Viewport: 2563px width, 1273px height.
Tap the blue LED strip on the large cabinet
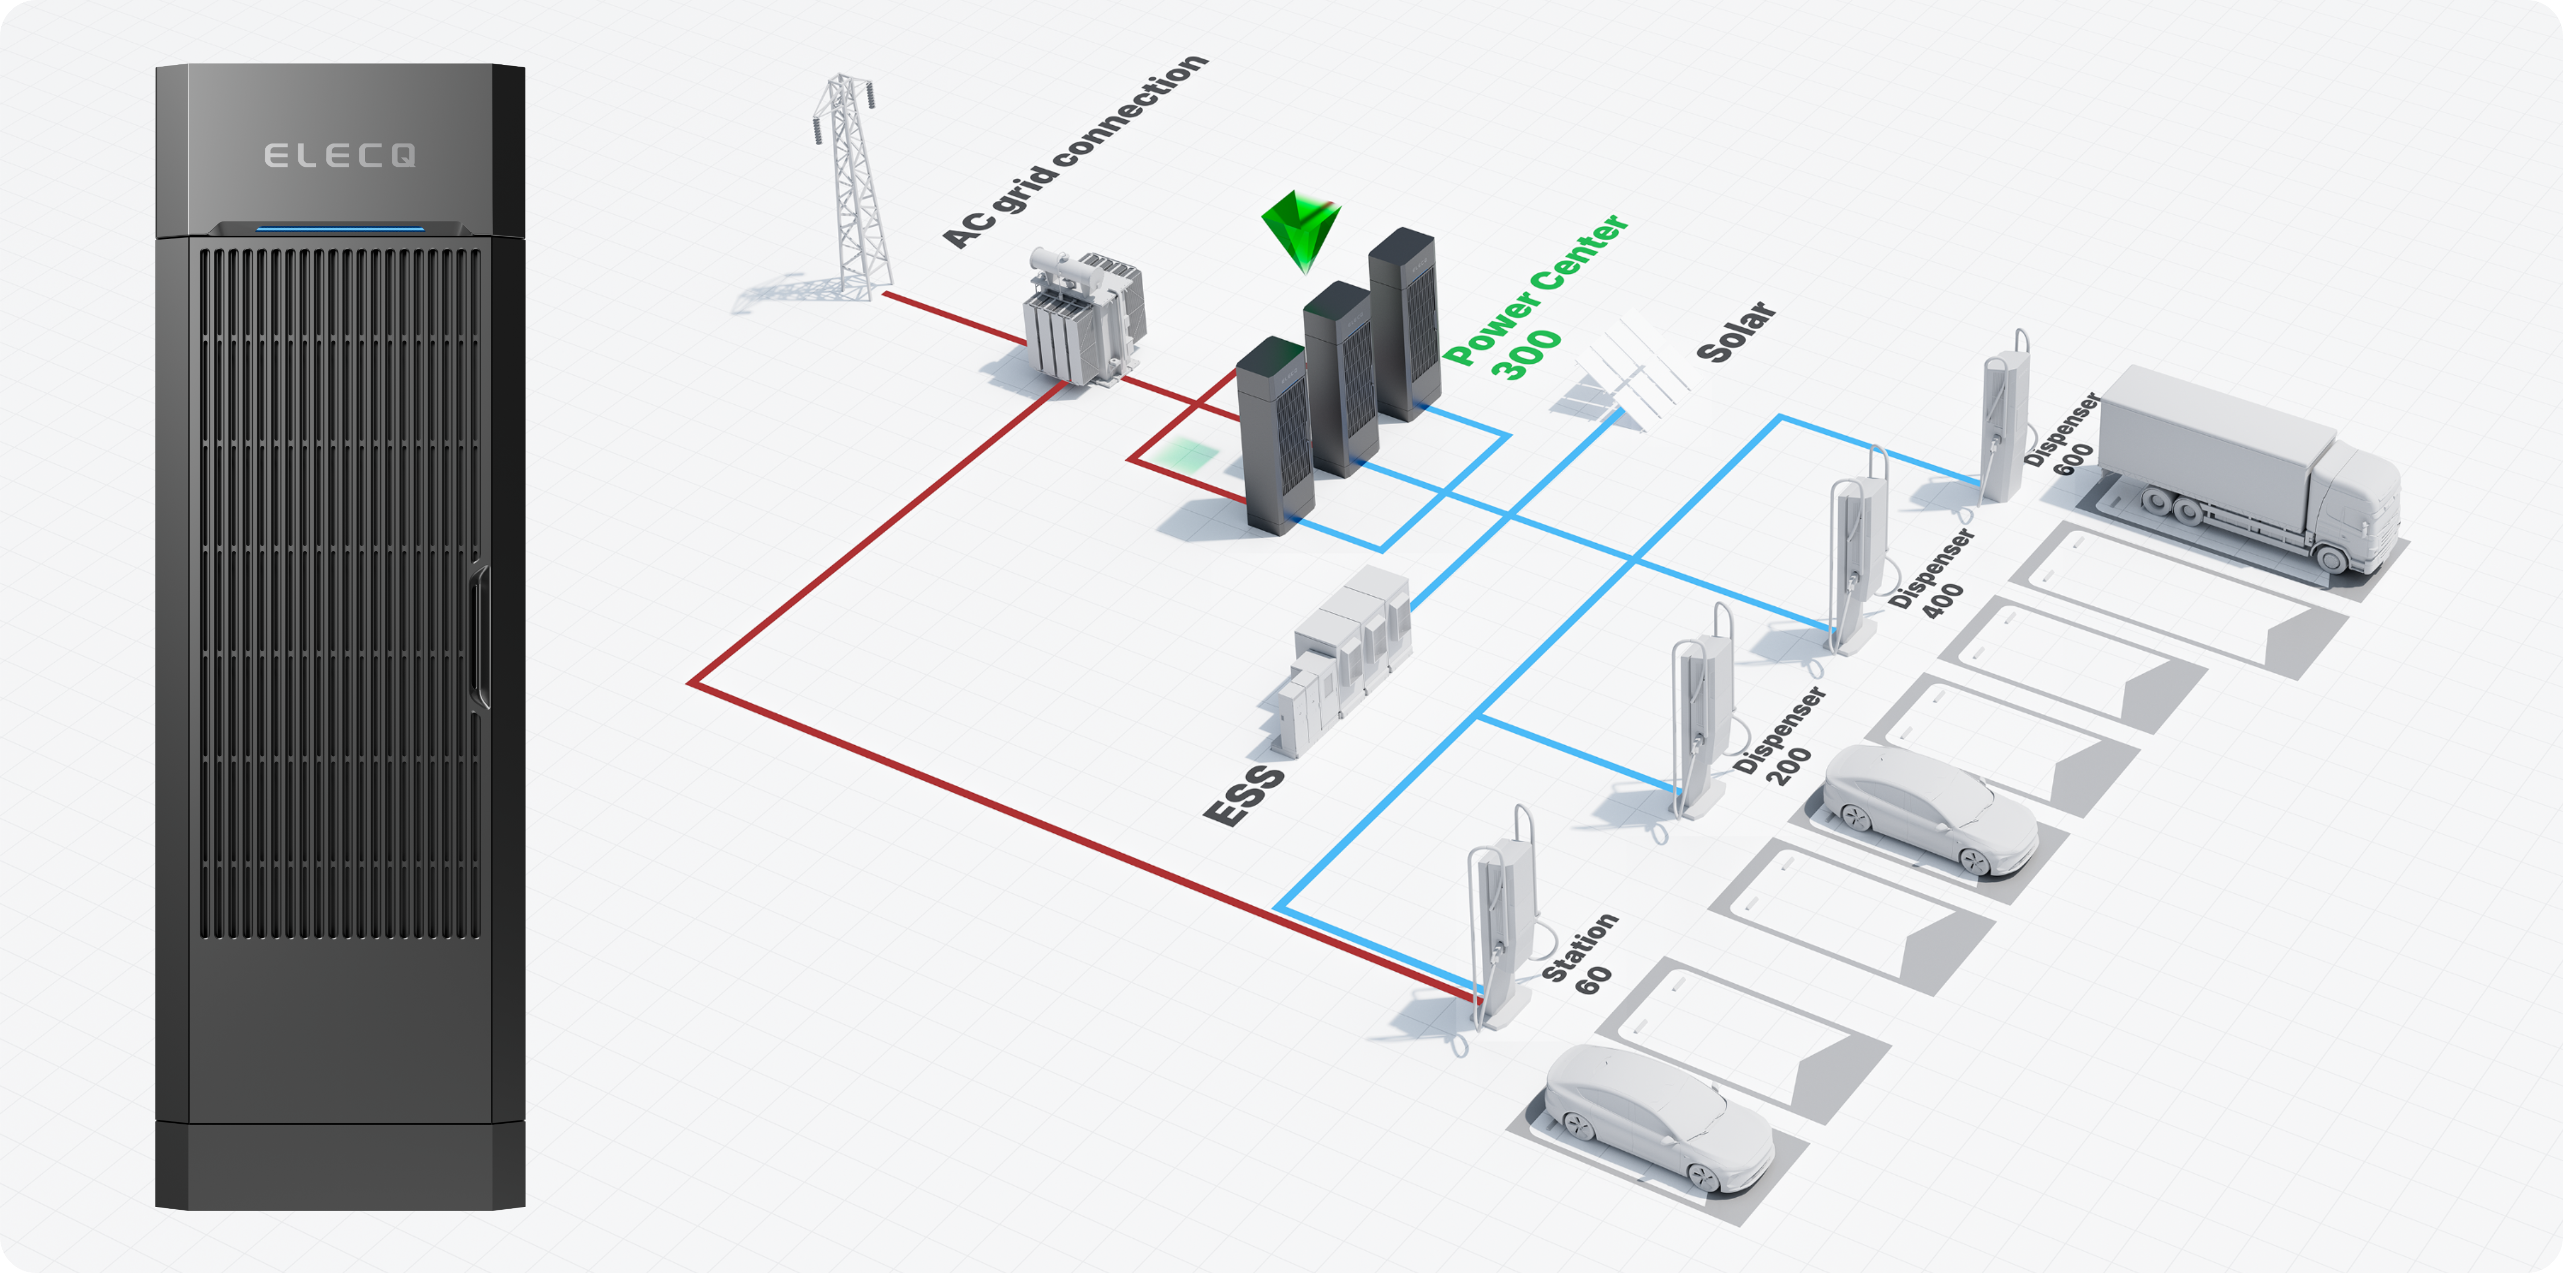point(340,229)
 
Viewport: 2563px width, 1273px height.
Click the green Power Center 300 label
point(1532,298)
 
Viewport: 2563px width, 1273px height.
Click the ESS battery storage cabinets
point(1348,657)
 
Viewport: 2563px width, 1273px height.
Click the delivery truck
point(2249,468)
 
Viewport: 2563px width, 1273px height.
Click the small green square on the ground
point(1187,456)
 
